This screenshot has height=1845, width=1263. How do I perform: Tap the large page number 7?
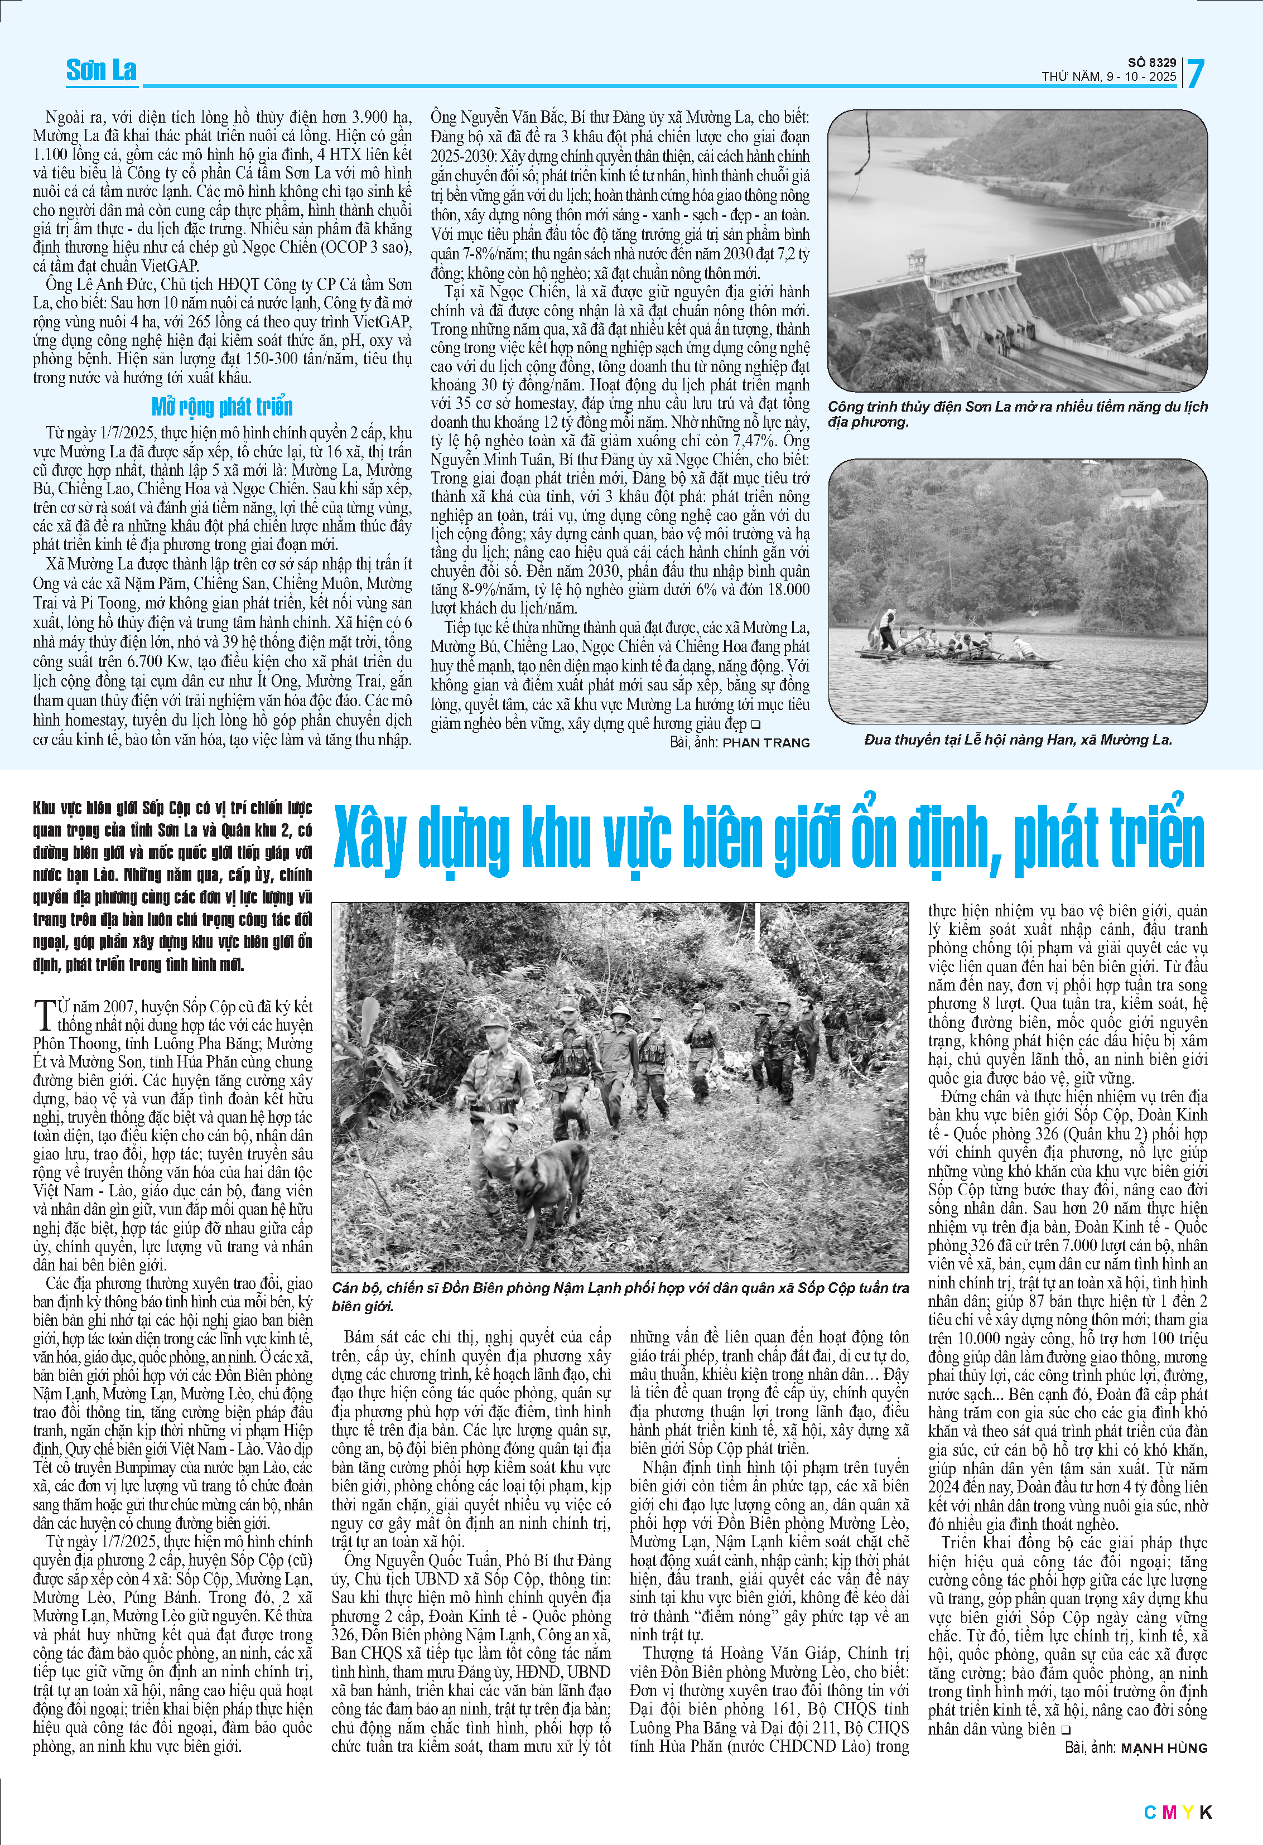[1195, 74]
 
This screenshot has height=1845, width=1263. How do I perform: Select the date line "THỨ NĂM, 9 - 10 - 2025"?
[1109, 77]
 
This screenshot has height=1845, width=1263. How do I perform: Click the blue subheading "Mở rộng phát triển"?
[222, 407]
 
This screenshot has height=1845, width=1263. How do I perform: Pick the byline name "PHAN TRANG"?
[765, 743]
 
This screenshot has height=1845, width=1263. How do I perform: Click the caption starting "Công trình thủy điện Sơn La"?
[1017, 414]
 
